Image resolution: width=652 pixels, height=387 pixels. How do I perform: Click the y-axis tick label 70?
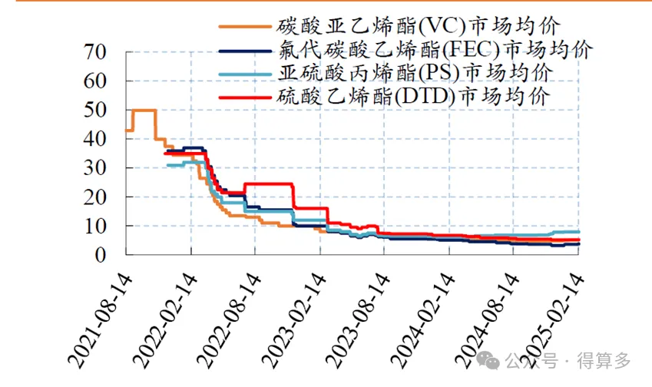(x=101, y=53)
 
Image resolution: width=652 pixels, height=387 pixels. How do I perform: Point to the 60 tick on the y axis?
(x=101, y=81)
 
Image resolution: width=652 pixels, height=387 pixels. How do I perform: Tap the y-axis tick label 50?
(x=101, y=111)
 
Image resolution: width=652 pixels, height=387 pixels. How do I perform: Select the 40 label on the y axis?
(x=101, y=140)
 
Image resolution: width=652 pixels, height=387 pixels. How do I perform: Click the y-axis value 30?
(x=101, y=168)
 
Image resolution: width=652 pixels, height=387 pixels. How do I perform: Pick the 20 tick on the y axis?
(x=101, y=197)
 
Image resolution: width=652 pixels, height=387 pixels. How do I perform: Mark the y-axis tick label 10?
(x=101, y=227)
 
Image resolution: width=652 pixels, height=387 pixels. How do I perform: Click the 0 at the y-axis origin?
(x=108, y=255)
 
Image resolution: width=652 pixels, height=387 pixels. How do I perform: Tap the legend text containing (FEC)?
(x=432, y=51)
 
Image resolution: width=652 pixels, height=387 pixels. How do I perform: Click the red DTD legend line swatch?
(x=243, y=98)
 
